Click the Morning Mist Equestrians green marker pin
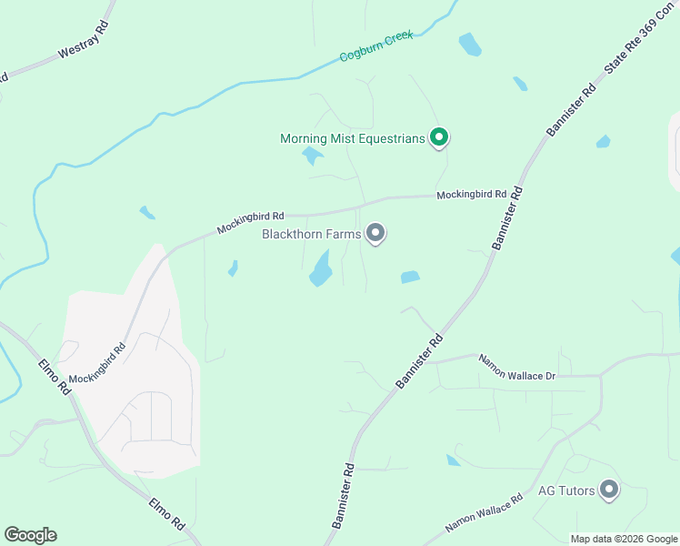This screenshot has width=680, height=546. [x=439, y=137]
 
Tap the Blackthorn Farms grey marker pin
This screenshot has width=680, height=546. [x=375, y=234]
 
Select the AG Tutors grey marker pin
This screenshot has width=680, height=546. [x=609, y=490]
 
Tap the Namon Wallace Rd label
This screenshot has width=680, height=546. [x=485, y=515]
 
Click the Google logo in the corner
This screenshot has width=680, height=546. [x=30, y=535]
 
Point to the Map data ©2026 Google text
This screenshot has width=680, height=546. [x=624, y=539]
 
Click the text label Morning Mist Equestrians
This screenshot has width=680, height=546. [x=353, y=138]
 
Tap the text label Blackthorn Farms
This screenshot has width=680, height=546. [x=312, y=235]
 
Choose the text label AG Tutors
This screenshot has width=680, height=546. [x=566, y=491]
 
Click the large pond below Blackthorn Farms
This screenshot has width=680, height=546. [x=320, y=268]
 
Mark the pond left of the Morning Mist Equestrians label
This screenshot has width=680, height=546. [x=312, y=156]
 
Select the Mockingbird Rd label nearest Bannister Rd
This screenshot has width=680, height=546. [x=470, y=195]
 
